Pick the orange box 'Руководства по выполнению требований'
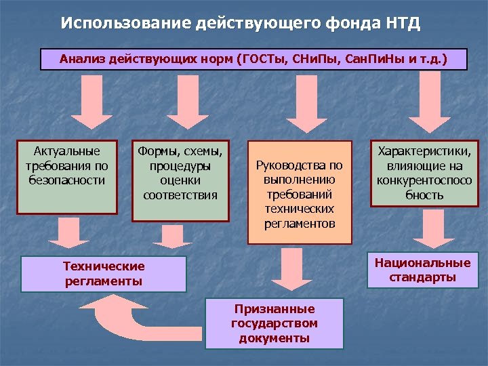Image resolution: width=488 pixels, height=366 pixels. [299, 192]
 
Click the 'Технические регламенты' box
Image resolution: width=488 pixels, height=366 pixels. [104, 273]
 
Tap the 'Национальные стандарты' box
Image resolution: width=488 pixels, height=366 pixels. [422, 270]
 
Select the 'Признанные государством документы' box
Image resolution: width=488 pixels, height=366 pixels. [274, 323]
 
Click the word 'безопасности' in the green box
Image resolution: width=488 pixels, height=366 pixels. [66, 180]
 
